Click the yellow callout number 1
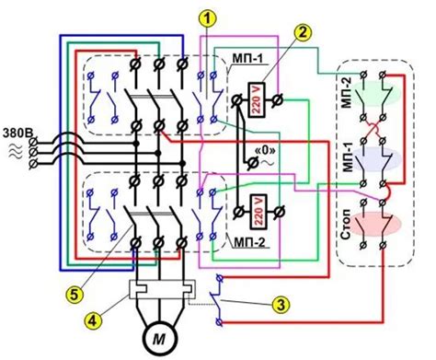click(x=207, y=17)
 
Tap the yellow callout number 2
click(x=303, y=32)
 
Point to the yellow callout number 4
click(x=93, y=320)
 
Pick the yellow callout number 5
click(x=75, y=295)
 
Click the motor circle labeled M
click(x=159, y=339)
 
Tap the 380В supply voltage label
click(x=18, y=133)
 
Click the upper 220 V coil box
click(x=256, y=99)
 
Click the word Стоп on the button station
click(x=346, y=225)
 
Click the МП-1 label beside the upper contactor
click(x=247, y=59)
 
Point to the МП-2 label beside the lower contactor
click(x=249, y=243)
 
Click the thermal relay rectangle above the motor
click(x=162, y=289)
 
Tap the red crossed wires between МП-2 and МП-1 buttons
click(x=373, y=129)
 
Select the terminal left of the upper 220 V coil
click(x=236, y=100)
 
